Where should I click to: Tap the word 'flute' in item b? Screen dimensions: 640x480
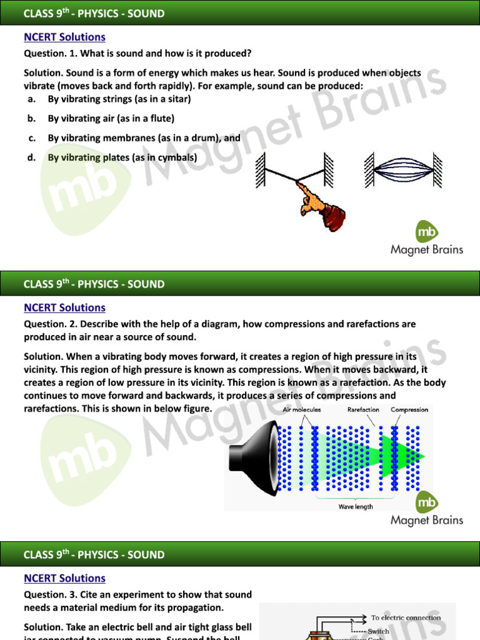click(159, 118)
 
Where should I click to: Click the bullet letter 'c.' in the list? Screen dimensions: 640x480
click(31, 138)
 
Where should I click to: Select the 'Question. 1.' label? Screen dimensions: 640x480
click(49, 53)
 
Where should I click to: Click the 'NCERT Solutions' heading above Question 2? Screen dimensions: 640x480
click(64, 307)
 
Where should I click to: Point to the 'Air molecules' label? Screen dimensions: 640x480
click(301, 410)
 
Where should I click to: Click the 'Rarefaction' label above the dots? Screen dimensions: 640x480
click(363, 410)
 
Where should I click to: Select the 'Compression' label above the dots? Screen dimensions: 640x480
click(409, 410)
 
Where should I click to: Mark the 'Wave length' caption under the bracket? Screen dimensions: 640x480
click(356, 507)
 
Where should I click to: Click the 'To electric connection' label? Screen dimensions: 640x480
click(406, 617)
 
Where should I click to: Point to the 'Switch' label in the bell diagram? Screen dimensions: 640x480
click(379, 631)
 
